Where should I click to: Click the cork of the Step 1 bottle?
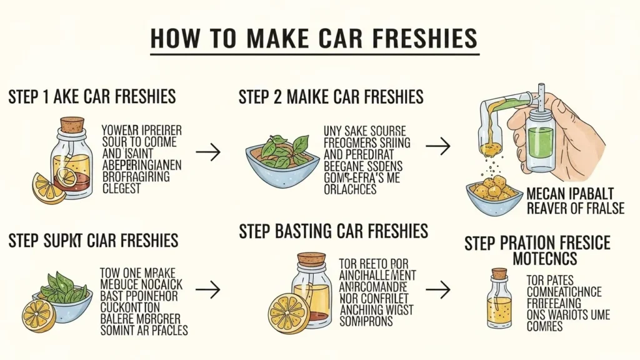coord(72,125)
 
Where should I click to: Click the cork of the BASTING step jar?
coord(311,258)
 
